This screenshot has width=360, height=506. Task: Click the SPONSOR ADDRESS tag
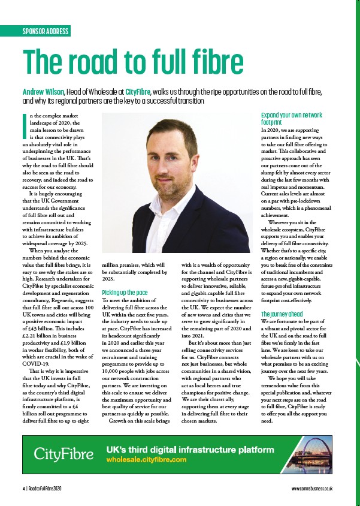click(46, 31)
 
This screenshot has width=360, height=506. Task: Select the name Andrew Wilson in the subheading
click(43, 92)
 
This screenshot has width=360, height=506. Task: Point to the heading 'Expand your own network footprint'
click(292, 117)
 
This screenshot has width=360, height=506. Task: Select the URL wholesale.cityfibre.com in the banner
click(146, 459)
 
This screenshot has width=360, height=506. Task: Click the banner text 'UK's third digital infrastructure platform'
click(190, 449)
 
